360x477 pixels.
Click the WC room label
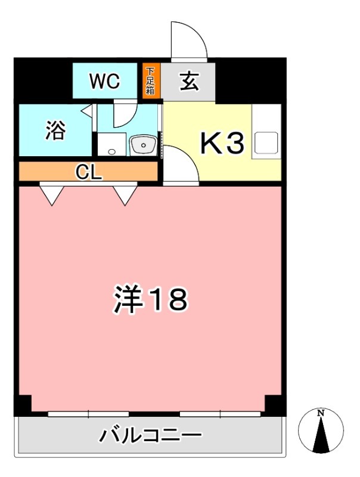(x=105, y=82)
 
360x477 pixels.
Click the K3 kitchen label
(x=221, y=143)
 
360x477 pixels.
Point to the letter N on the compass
(x=321, y=413)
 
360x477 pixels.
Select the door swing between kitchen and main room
(x=181, y=165)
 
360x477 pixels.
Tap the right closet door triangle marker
(x=125, y=194)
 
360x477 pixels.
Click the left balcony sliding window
(x=88, y=413)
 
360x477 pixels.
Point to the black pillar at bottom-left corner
(x=22, y=406)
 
